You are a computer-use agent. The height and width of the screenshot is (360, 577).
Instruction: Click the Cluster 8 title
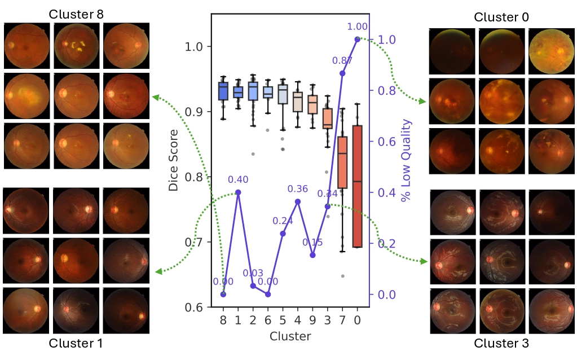pos(76,14)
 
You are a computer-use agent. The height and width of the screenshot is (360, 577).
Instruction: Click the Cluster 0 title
pos(501,17)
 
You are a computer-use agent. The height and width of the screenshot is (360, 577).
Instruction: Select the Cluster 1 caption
pos(76,343)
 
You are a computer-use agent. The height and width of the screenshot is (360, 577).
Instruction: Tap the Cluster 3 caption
pos(501,343)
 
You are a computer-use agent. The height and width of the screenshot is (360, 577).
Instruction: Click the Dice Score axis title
pos(173,160)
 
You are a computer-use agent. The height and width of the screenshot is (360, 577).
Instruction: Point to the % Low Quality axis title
pos(406,160)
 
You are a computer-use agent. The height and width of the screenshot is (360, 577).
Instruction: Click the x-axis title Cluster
pos(290,336)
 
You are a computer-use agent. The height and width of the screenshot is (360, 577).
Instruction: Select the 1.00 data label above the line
pos(358,27)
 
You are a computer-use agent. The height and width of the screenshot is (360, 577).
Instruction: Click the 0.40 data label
pos(238,179)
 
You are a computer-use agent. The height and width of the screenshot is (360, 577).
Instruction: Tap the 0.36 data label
pos(298,189)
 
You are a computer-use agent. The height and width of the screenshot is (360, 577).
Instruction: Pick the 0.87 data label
pos(342,61)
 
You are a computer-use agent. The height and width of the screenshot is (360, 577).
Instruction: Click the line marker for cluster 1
pos(238,192)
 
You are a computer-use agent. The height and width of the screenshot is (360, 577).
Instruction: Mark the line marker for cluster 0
pos(358,39)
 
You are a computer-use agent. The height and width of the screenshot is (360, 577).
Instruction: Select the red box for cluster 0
pos(358,186)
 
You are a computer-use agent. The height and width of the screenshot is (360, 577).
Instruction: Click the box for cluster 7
pos(342,163)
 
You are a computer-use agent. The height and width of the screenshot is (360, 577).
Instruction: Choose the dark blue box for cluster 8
pos(223,91)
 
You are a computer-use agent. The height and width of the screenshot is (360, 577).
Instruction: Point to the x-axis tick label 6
pos(268,321)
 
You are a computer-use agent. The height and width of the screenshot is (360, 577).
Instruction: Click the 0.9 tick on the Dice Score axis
pos(194,112)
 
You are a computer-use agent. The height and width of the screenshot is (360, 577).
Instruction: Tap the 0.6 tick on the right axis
pos(387,142)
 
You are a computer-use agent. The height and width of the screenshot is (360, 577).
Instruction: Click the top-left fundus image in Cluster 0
pos(452,51)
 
